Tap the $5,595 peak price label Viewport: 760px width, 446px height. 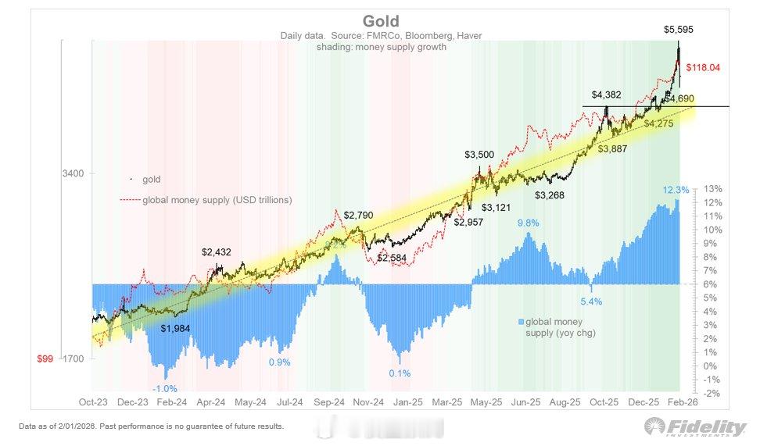pyautogui.click(x=678, y=30)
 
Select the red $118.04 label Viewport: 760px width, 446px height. pyautogui.click(x=702, y=67)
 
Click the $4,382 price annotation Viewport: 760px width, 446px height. pyautogui.click(x=606, y=95)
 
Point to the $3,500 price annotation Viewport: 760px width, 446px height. pyautogui.click(x=479, y=155)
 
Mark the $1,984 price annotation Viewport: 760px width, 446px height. pyautogui.click(x=176, y=328)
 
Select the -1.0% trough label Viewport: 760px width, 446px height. pyautogui.click(x=164, y=388)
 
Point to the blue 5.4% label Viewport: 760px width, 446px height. pyautogui.click(x=590, y=301)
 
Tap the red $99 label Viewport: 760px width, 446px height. pyautogui.click(x=45, y=359)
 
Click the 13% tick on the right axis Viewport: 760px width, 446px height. pyautogui.click(x=712, y=189)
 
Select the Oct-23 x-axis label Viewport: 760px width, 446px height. pyautogui.click(x=92, y=402)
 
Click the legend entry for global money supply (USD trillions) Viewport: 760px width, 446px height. pyautogui.click(x=217, y=200)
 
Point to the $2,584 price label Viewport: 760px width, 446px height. pyautogui.click(x=393, y=258)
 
